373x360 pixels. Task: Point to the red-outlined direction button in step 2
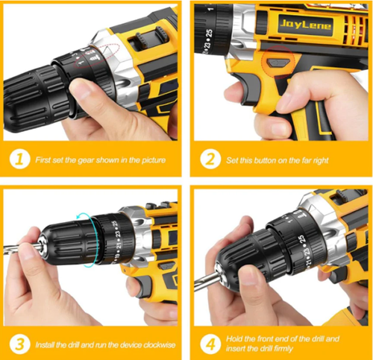coord(278,57)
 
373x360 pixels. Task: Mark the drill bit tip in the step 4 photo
coord(200,285)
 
